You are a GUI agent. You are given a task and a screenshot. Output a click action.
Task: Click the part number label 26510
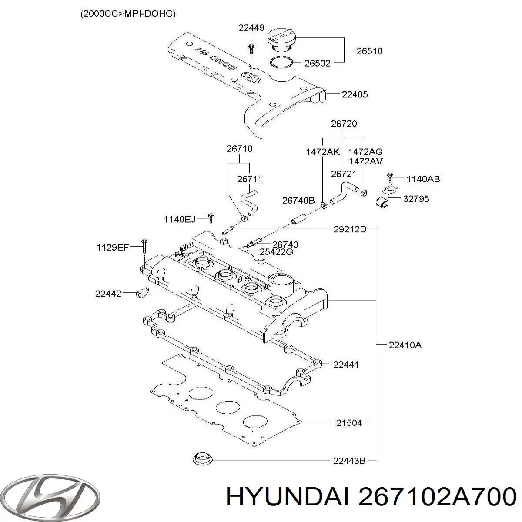click(369, 51)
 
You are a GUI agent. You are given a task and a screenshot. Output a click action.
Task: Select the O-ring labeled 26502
click(281, 63)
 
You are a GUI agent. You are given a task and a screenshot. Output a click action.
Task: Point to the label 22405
click(355, 94)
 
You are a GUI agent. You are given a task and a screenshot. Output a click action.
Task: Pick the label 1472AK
click(323, 152)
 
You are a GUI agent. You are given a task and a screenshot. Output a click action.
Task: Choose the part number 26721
click(344, 174)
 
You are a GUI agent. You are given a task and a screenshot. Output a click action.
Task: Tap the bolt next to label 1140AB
click(390, 177)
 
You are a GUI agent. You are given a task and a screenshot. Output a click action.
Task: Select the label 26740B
click(298, 200)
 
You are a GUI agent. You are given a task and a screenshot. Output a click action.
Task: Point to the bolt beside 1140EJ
click(211, 218)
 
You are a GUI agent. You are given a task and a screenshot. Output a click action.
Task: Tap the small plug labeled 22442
click(142, 293)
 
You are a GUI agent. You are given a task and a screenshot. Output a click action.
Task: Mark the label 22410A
click(405, 345)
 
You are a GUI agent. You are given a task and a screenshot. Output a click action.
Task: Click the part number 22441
click(346, 365)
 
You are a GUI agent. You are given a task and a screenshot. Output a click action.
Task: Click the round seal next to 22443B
click(202, 459)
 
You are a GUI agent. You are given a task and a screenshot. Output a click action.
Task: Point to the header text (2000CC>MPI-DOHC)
click(128, 13)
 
